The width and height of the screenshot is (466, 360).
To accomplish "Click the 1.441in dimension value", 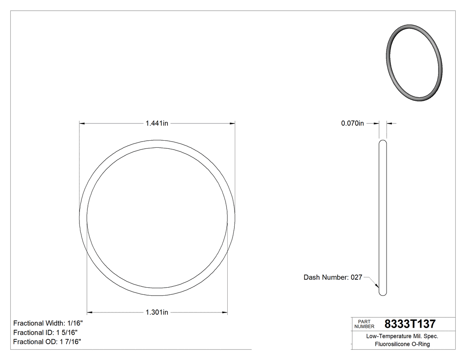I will pyautogui.click(x=157, y=123).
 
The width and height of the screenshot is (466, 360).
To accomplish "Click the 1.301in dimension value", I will pyautogui.click(x=157, y=313).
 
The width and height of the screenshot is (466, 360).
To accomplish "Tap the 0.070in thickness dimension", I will pyautogui.click(x=352, y=123).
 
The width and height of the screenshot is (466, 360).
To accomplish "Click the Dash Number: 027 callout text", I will pyautogui.click(x=332, y=277).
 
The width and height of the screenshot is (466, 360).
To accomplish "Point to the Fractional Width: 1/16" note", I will pyautogui.click(x=48, y=323).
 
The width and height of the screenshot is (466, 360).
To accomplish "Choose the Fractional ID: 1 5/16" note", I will pyautogui.click(x=46, y=332).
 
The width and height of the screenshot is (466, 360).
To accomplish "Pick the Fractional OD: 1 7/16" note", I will pyautogui.click(x=47, y=342).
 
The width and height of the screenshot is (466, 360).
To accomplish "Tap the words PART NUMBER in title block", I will pyautogui.click(x=364, y=324).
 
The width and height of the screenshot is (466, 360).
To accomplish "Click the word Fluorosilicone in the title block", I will pyautogui.click(x=393, y=344).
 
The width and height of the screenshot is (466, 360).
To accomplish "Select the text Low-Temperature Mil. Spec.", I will pyautogui.click(x=402, y=336).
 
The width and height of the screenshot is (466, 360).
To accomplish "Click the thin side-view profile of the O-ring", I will pyautogui.click(x=383, y=218).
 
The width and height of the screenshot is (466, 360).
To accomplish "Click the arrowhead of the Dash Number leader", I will pyautogui.click(x=377, y=286).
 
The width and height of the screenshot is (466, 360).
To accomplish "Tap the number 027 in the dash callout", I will pyautogui.click(x=356, y=277).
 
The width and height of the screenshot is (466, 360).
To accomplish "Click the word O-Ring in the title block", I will pyautogui.click(x=421, y=344).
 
